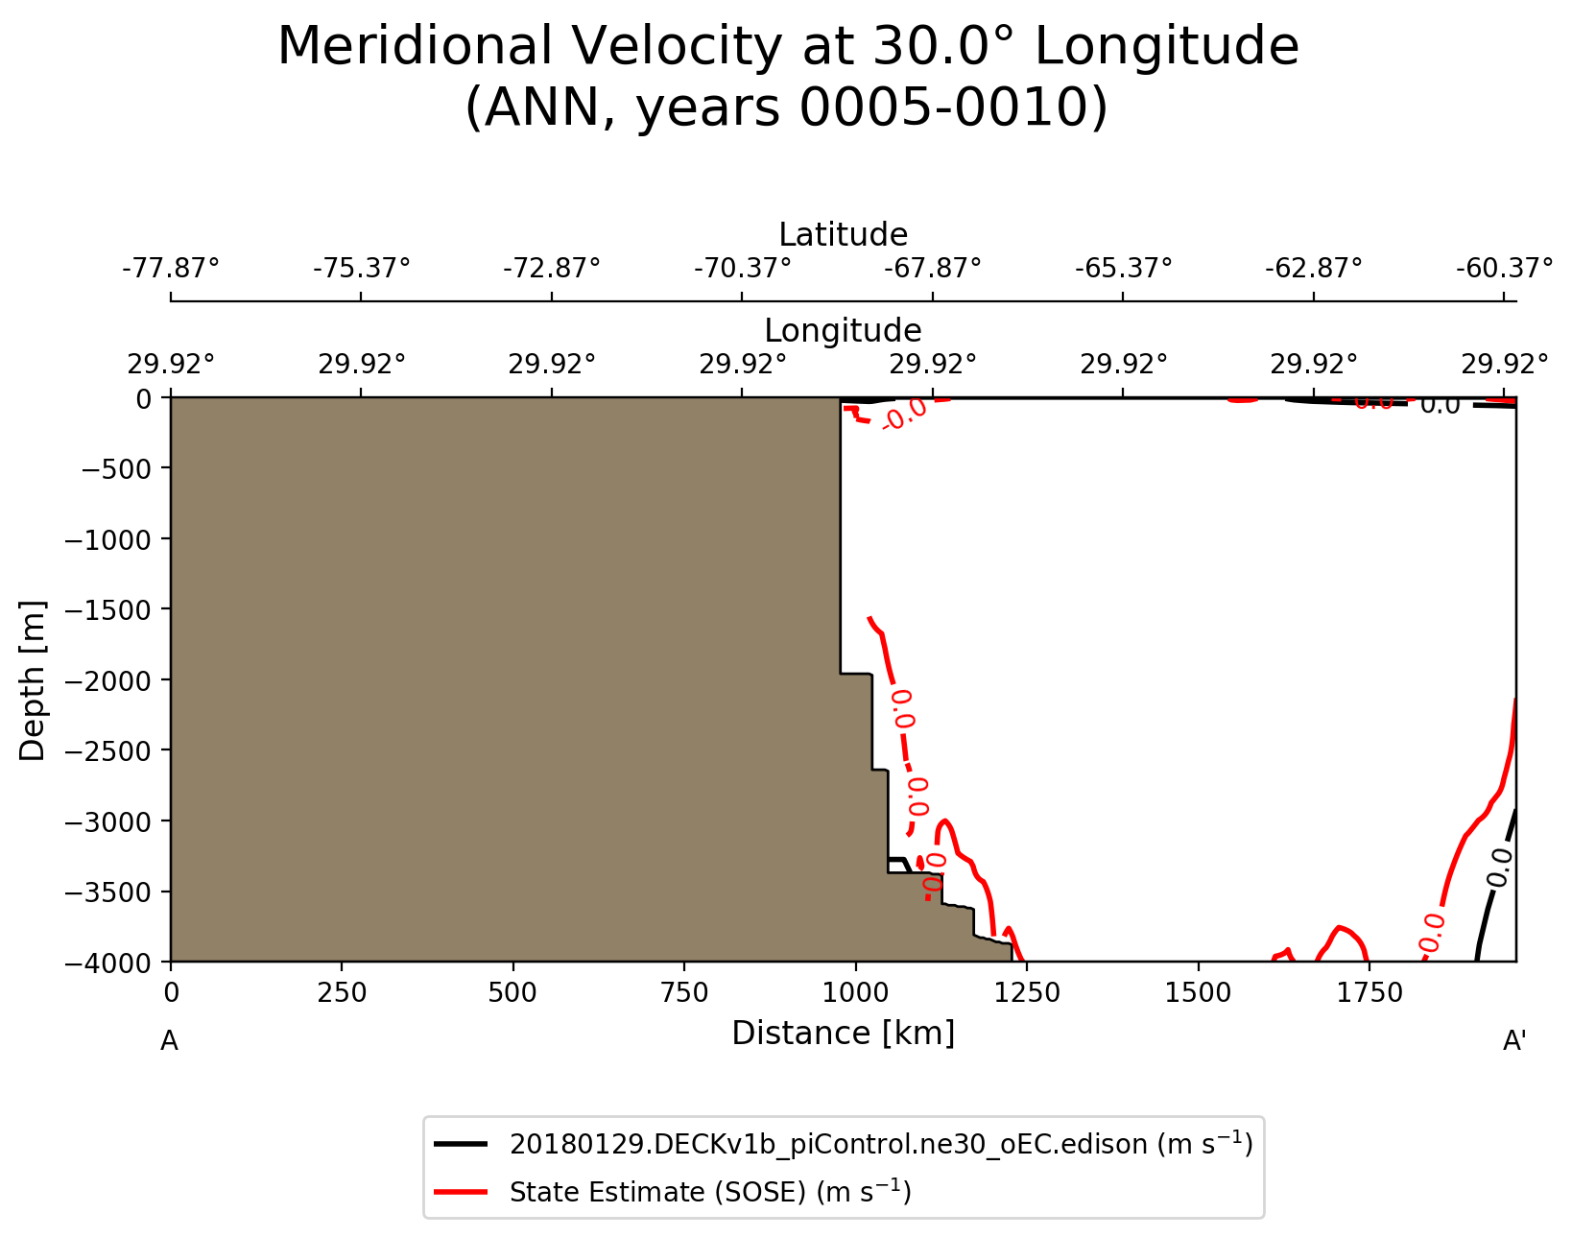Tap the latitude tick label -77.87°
[171, 267]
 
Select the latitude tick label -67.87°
[933, 267]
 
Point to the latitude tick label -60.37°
[1504, 267]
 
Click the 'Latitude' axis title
[843, 235]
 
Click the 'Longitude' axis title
[843, 331]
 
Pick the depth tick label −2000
[107, 680]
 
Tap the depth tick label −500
[114, 469]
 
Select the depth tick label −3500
[107, 892]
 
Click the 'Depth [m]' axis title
[33, 680]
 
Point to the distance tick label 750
[684, 993]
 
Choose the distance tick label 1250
[1027, 993]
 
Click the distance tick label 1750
[1369, 993]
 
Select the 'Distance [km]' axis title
[843, 1034]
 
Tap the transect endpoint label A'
[1514, 1041]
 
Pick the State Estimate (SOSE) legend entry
[709, 1192]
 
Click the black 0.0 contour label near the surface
[1440, 405]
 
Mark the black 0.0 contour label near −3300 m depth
[1499, 868]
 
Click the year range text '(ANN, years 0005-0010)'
[786, 108]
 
